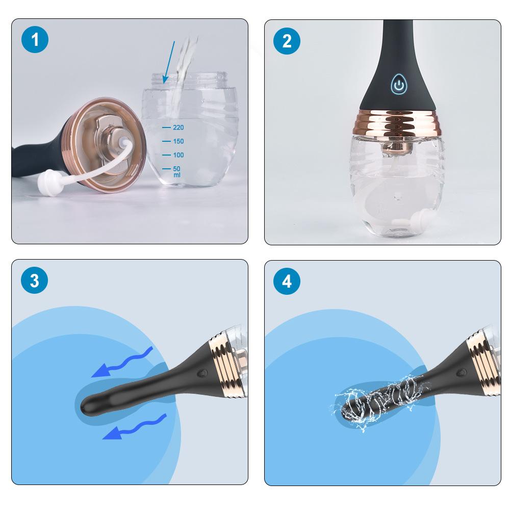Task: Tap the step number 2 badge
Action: point(287,41)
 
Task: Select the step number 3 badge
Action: point(35,281)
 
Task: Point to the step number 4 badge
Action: point(287,281)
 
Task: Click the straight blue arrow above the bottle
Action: point(169,61)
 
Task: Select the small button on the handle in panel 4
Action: point(463,373)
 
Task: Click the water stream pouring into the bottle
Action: point(183,61)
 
